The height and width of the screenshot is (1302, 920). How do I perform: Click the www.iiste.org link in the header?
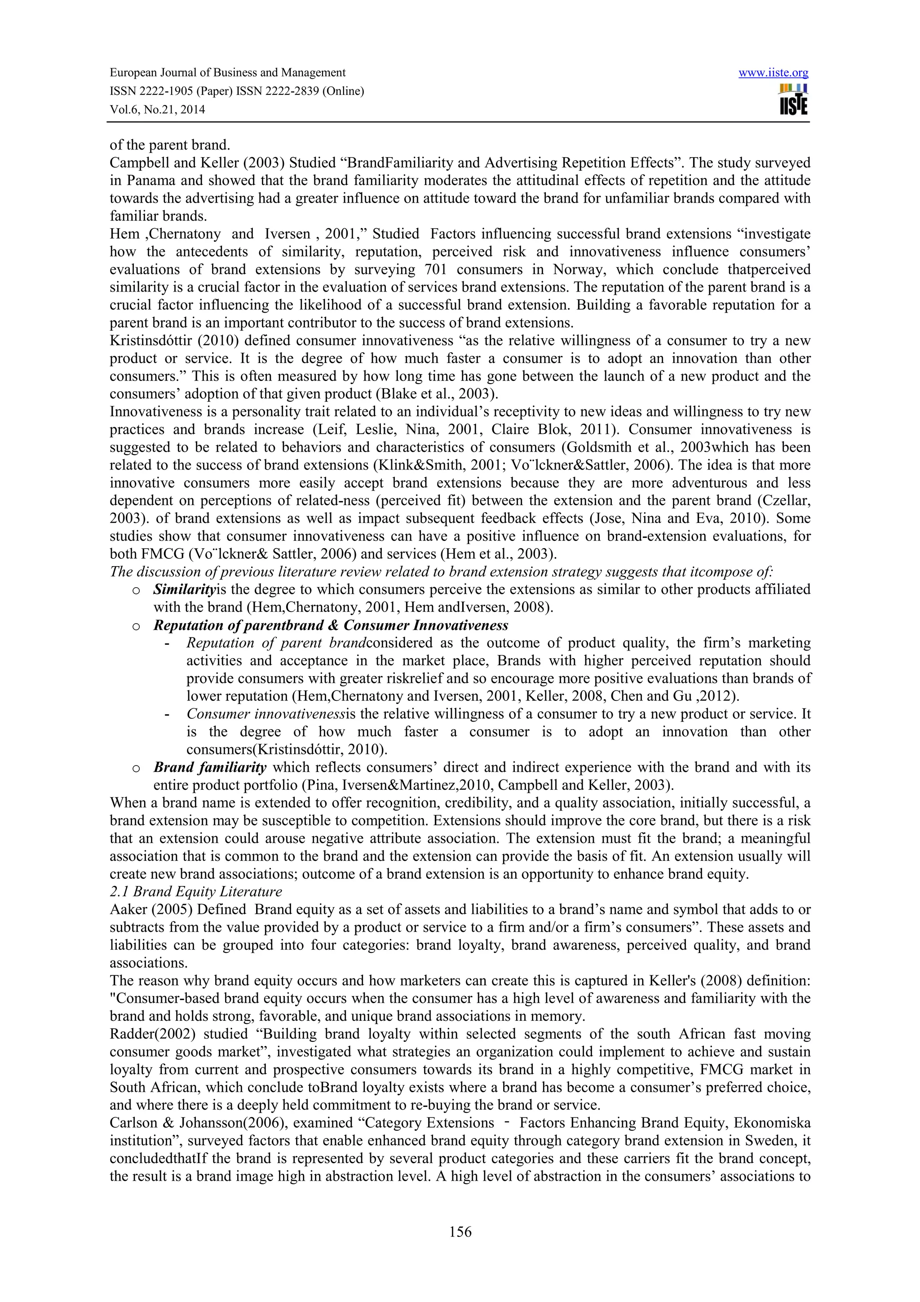(773, 73)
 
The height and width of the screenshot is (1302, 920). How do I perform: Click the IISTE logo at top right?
(793, 100)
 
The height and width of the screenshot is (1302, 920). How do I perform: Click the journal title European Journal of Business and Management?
(227, 73)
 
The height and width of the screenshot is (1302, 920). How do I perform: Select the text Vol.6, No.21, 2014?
(157, 110)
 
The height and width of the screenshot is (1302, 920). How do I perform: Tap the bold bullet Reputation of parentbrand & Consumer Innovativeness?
(331, 625)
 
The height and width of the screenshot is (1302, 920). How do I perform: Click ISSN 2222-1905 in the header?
(150, 91)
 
